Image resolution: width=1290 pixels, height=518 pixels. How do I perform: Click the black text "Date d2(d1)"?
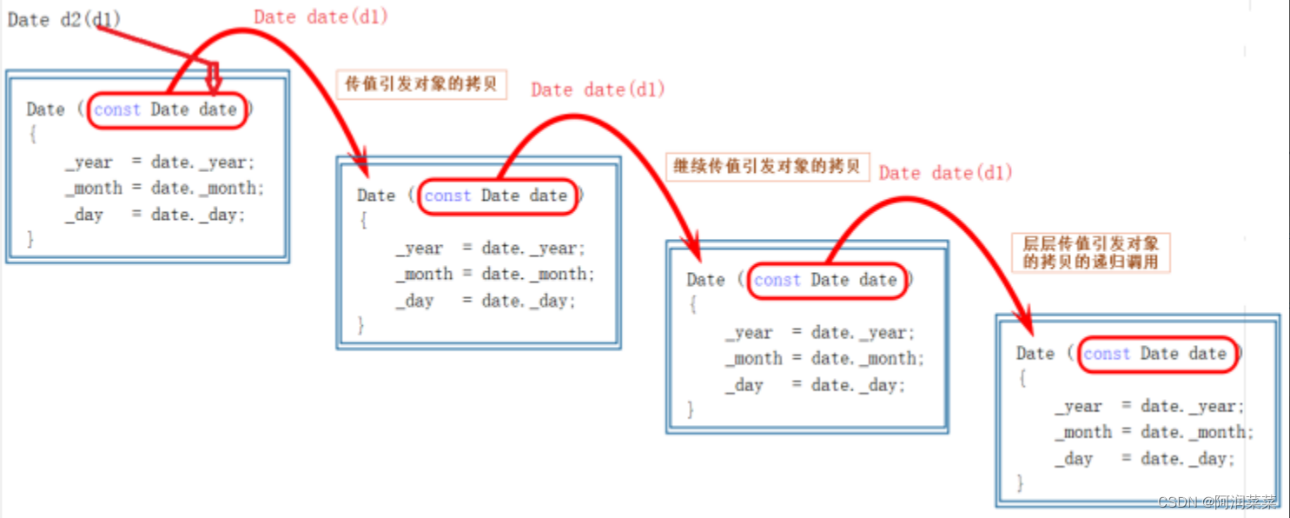[x=63, y=20]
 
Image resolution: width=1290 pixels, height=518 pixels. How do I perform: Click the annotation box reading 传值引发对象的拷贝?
[x=421, y=84]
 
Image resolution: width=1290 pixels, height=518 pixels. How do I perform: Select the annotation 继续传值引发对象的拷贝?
[x=767, y=166]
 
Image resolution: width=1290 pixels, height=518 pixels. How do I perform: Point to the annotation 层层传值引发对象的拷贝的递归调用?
[x=1090, y=252]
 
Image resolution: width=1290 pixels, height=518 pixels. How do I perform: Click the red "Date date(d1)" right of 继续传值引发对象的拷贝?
[x=946, y=173]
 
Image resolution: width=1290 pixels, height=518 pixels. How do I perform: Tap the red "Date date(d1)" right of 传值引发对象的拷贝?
[x=598, y=90]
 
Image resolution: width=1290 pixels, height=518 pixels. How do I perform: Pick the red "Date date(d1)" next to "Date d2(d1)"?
[x=321, y=17]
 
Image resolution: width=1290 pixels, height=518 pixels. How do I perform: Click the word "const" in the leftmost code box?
[x=117, y=110]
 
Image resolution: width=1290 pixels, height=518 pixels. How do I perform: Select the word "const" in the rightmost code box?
[x=1107, y=354]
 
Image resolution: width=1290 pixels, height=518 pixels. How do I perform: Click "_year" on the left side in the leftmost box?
[x=89, y=163]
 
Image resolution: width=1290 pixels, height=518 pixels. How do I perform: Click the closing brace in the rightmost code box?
[x=1022, y=482]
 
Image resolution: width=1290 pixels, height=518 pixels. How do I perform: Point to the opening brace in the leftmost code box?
[x=32, y=136]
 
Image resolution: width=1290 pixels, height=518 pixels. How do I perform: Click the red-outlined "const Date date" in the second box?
[x=496, y=196]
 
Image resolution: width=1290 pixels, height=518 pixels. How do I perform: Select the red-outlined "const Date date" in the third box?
[x=825, y=280]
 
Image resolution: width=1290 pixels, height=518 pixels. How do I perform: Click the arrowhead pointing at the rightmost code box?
[x=1025, y=322]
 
